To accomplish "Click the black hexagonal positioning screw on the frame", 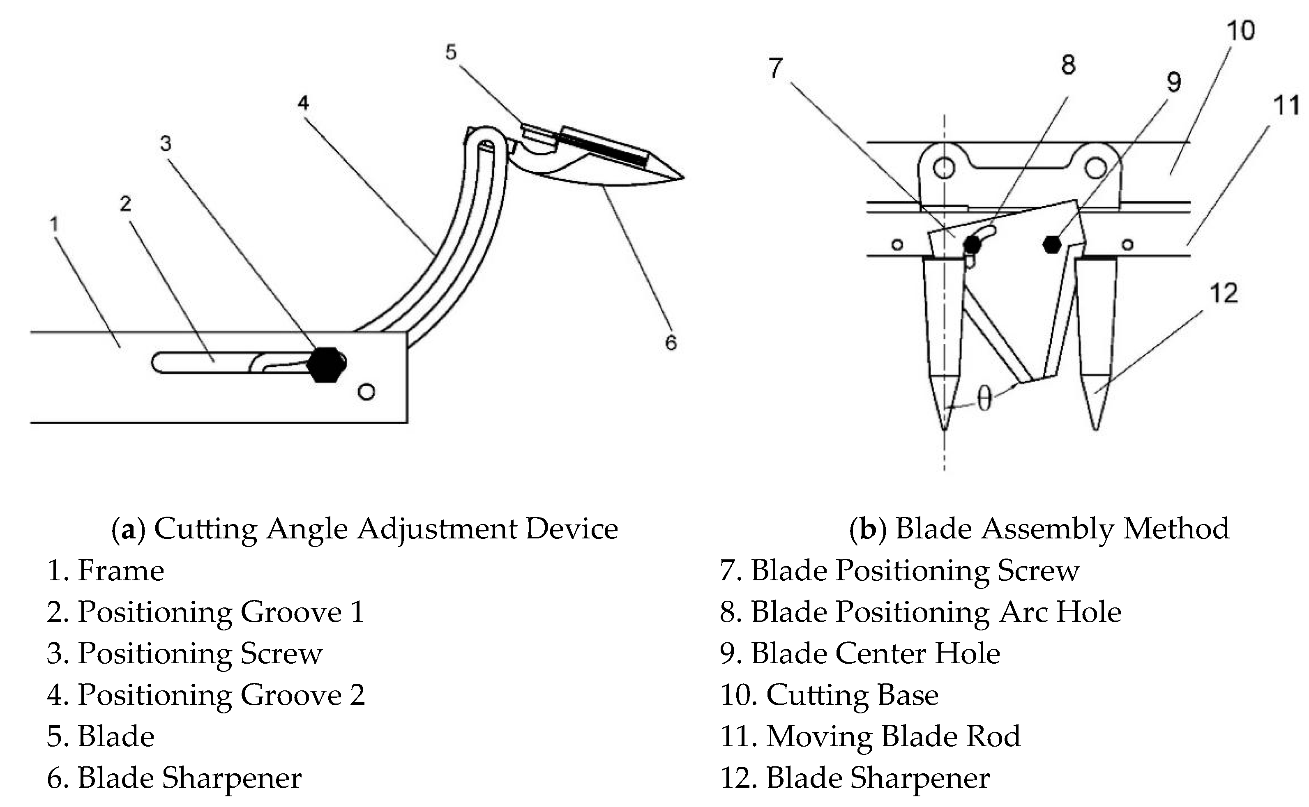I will coord(326,365).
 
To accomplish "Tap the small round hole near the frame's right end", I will coord(367,392).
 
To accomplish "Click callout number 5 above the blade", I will coord(451,52).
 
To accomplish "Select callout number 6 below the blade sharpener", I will coord(671,343).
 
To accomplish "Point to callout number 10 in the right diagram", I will coord(1240,30).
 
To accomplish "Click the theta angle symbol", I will coord(984,399).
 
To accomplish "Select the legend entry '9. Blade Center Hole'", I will coord(860,653).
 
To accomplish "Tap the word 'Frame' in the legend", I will coord(121,570).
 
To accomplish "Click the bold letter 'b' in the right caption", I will coord(869,529).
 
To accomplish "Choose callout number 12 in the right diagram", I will coord(1223,294).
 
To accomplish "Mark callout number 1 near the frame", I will coord(53,224).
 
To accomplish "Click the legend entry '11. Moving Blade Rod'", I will coord(870,736).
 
